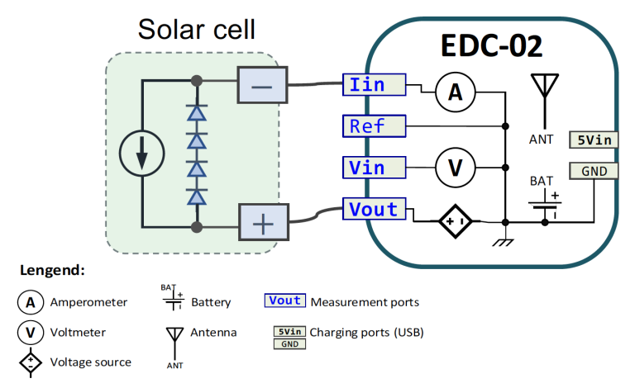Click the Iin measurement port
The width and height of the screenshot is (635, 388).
375,85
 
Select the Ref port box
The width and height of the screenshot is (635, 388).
375,126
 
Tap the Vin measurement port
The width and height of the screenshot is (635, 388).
375,168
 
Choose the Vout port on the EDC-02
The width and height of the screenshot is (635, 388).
375,209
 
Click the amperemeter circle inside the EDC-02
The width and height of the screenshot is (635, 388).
455,95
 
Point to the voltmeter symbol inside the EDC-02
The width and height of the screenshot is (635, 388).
455,168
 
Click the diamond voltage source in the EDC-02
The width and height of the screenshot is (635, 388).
455,222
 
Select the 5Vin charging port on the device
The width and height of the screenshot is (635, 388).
593,140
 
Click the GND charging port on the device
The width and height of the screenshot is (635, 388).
593,171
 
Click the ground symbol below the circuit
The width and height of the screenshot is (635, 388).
504,242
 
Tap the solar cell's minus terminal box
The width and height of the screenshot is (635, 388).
262,85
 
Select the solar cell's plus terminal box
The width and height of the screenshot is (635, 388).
262,223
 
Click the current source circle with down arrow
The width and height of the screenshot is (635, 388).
142,154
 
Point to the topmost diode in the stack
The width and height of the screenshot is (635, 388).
196,112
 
